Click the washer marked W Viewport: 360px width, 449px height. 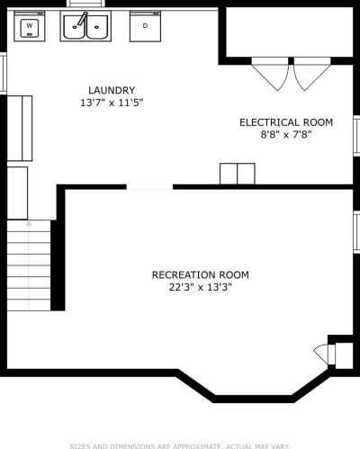[30, 26]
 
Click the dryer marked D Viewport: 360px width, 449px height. [145, 26]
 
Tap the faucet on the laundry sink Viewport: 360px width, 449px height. [83, 19]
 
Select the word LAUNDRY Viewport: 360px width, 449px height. [112, 90]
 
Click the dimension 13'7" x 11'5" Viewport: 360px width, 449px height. [112, 103]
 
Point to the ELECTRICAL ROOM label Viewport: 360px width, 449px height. [286, 122]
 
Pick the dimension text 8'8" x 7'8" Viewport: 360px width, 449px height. [286, 135]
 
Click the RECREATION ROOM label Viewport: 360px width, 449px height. [201, 274]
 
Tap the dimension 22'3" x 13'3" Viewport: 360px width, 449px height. [201, 287]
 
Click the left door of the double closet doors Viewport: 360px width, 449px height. [270, 74]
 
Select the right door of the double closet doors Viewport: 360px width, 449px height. [312, 74]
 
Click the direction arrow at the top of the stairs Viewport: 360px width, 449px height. [29, 223]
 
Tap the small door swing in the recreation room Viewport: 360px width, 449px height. [322, 355]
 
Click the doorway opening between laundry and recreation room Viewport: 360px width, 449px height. [149, 187]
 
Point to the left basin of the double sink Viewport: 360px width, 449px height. [75, 27]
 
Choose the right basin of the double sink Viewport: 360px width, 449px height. [97, 27]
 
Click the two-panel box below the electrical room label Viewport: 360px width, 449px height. [238, 174]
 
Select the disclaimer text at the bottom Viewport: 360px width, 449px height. [180, 446]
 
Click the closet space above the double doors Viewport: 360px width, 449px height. [289, 31]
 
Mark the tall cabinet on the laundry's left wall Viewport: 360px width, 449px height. [20, 129]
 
